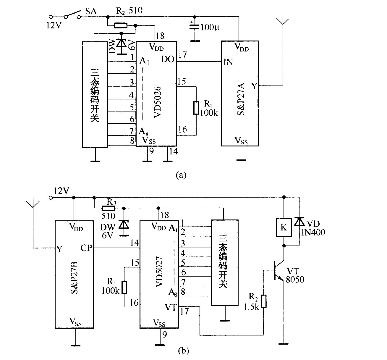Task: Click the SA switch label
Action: point(91,11)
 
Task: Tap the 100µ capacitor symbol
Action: point(195,27)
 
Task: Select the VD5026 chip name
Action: point(158,102)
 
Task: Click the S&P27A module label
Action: point(241,99)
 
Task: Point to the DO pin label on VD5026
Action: point(168,59)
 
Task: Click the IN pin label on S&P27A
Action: point(228,62)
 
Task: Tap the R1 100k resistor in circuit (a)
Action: point(196,108)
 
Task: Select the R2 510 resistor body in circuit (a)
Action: point(121,25)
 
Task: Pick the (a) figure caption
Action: point(181,175)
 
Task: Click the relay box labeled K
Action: point(284,227)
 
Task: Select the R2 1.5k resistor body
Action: point(264,301)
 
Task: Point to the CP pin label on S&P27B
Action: point(86,248)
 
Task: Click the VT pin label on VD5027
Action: point(171,308)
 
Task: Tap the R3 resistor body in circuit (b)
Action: point(108,209)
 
